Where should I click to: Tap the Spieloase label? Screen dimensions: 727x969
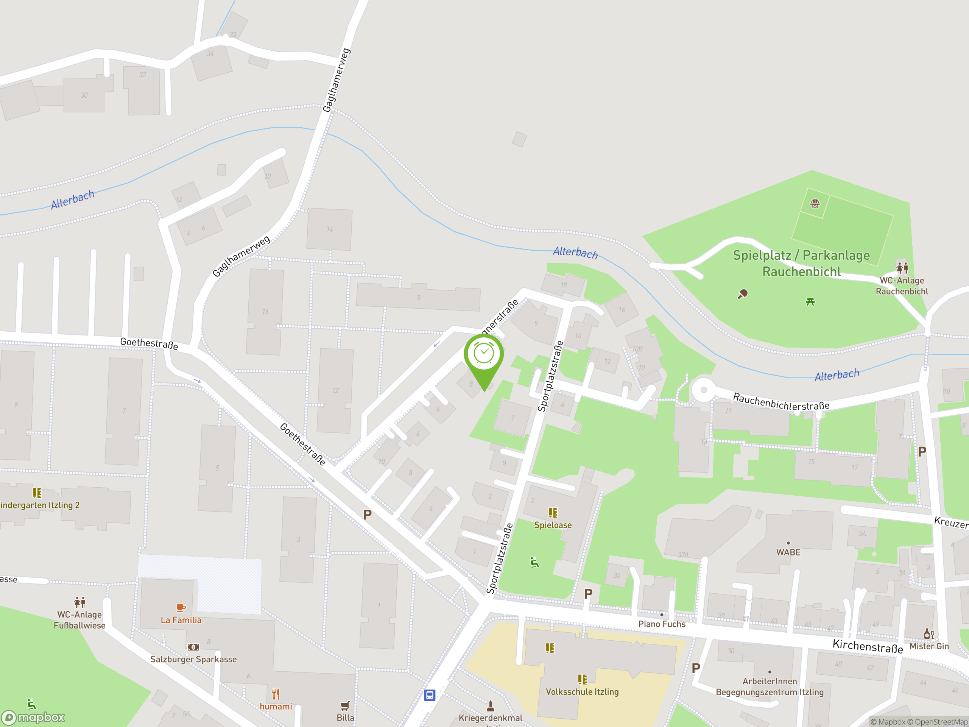point(553,525)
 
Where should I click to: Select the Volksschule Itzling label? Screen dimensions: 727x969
point(582,692)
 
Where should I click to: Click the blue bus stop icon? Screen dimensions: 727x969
point(429,695)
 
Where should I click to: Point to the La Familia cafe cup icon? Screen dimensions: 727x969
point(181,607)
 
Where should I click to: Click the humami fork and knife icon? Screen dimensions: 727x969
point(276,694)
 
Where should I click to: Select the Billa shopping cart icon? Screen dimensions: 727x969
point(345,705)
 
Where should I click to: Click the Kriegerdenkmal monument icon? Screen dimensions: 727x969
point(491,705)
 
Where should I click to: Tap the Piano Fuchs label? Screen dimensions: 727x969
point(662,624)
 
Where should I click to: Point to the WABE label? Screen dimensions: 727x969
point(788,552)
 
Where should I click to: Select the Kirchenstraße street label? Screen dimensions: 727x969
point(868,646)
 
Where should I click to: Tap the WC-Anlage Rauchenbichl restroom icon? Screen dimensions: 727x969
point(902,267)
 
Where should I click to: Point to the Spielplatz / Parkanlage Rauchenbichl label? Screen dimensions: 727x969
point(802,264)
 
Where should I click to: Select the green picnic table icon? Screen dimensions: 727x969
point(810,301)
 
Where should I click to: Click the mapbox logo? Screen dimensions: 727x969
point(34,718)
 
